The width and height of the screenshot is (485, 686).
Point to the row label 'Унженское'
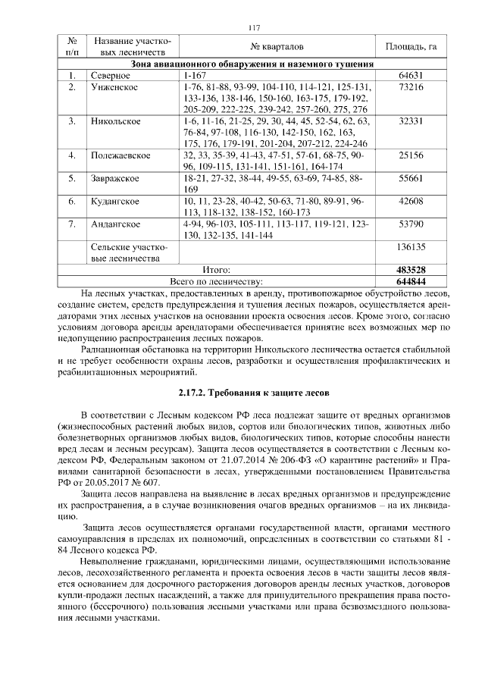[x=113, y=87]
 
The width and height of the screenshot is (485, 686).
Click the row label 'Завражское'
[x=114, y=178]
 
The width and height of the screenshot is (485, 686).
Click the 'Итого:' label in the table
[x=216, y=270]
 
